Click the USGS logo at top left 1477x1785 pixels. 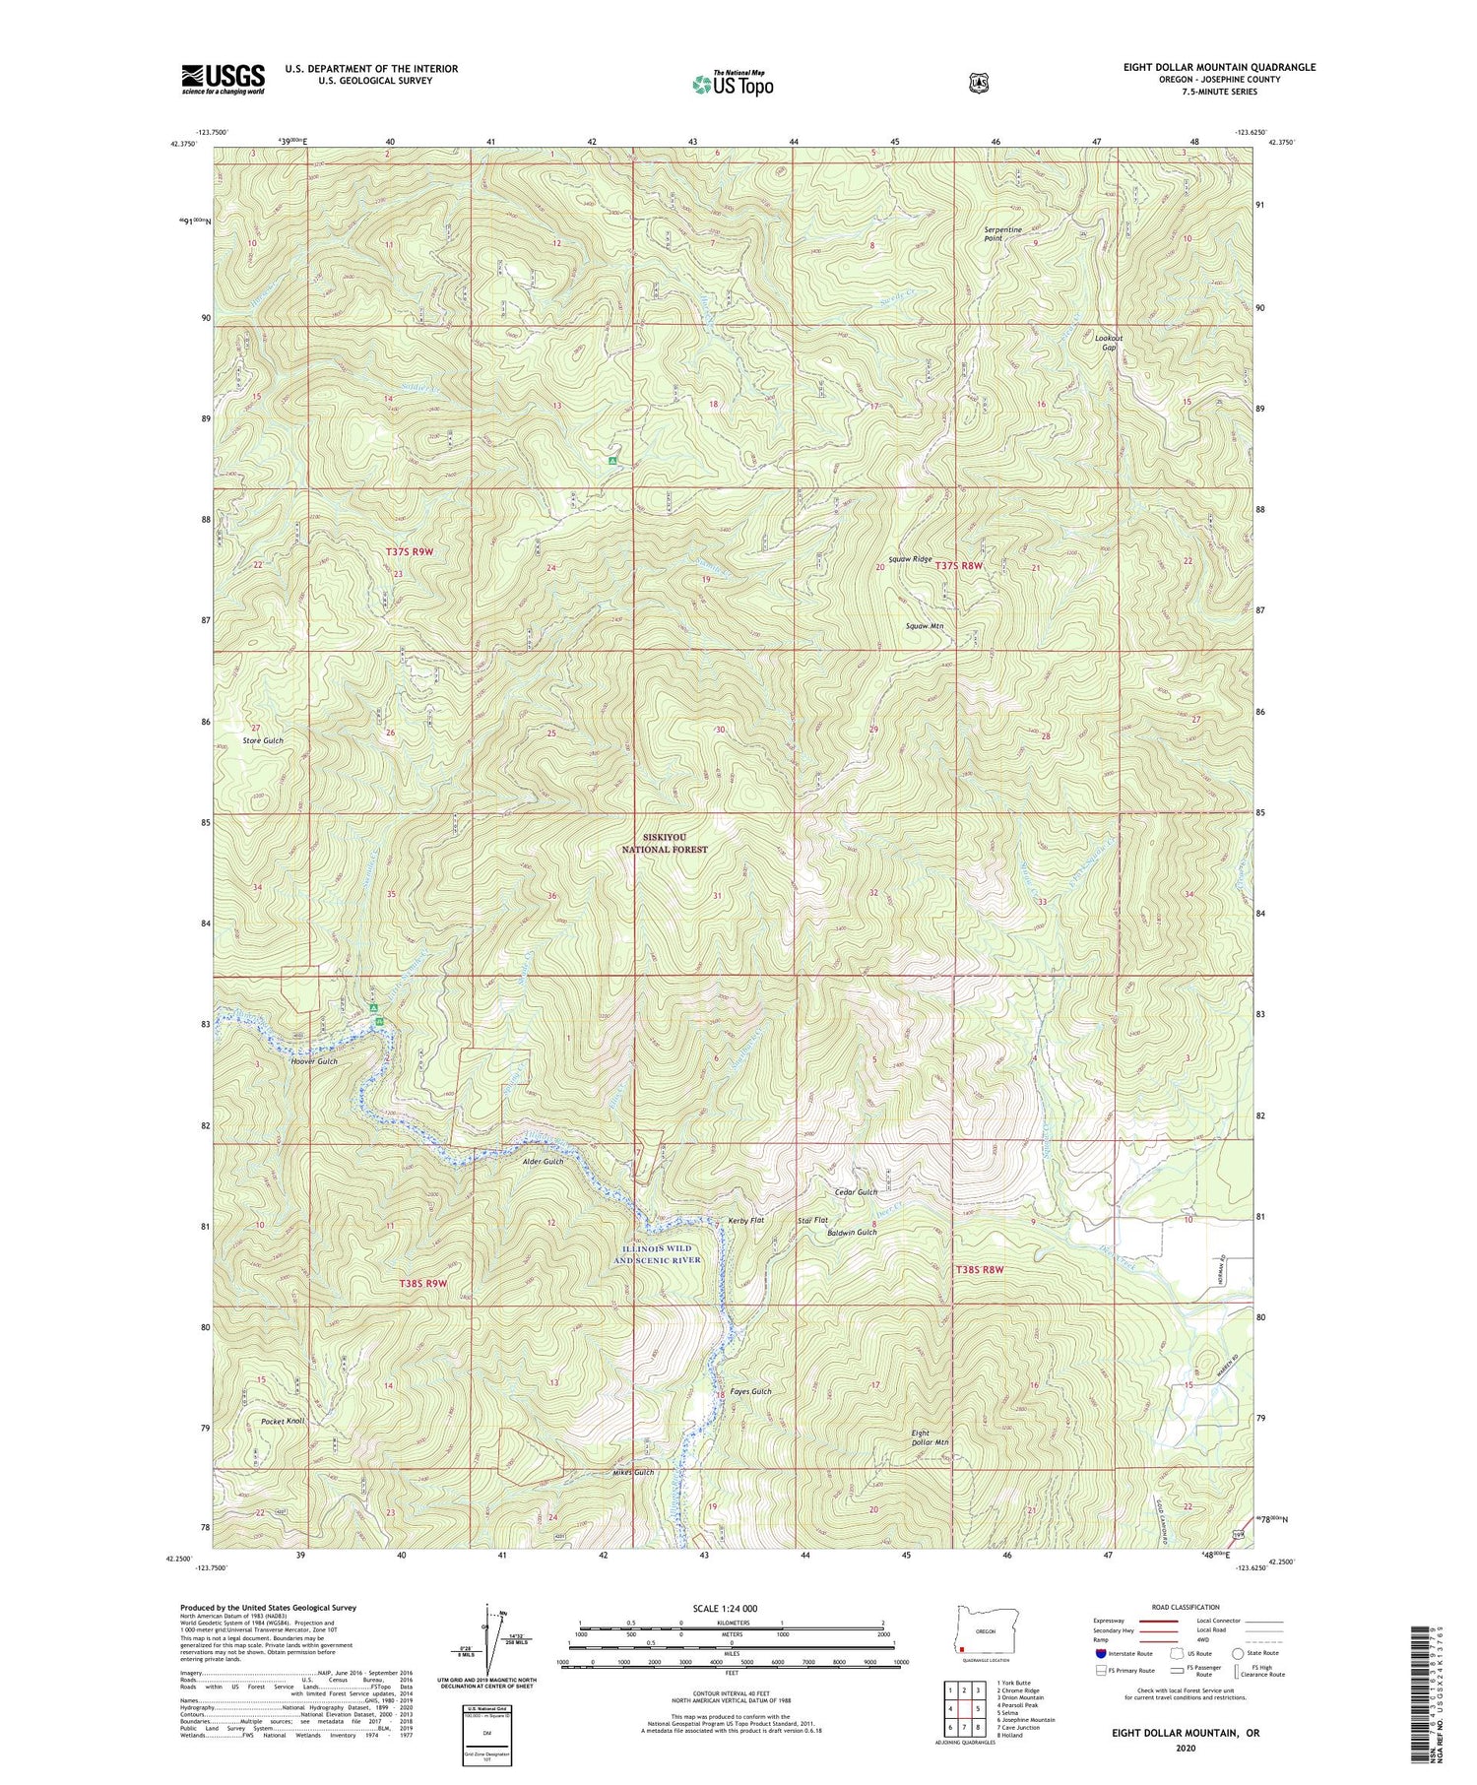point(223,79)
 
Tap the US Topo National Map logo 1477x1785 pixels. point(733,83)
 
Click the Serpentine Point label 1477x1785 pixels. point(1002,233)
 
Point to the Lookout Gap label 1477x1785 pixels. point(1109,342)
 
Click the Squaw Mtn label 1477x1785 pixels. point(925,625)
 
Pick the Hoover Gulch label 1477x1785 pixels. point(313,1061)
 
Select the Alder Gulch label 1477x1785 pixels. point(543,1162)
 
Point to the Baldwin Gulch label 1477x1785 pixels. point(852,1233)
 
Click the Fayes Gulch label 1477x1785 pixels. point(750,1391)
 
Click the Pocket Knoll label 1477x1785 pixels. point(283,1421)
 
